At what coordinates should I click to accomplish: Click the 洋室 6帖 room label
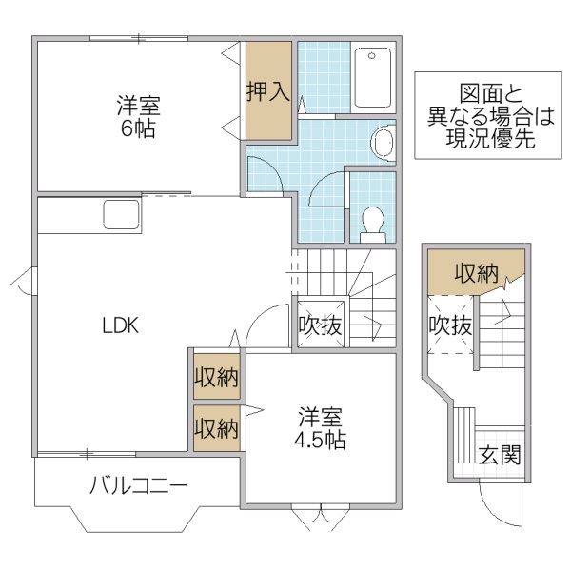click(137, 114)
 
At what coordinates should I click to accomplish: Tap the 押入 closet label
click(267, 92)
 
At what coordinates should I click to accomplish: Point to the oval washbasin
click(382, 143)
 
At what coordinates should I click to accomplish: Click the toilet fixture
click(372, 221)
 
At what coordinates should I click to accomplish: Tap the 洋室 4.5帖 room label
click(321, 428)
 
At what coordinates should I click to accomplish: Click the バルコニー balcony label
click(138, 486)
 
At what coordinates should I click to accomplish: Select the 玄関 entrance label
click(499, 455)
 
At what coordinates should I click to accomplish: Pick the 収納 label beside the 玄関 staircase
click(476, 274)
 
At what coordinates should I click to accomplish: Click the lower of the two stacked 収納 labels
click(216, 428)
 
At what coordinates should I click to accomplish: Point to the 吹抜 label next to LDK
click(320, 325)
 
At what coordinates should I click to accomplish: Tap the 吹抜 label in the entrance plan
click(449, 325)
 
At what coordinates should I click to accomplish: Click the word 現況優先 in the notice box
click(490, 138)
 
